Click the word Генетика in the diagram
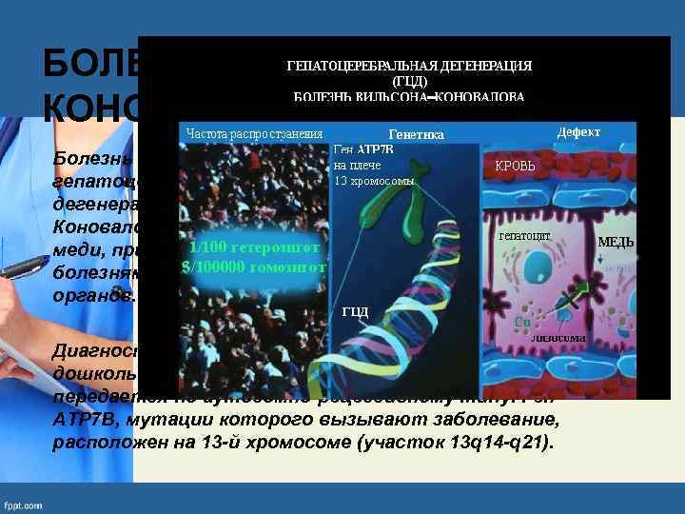coord(417,135)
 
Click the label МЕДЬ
coord(616,242)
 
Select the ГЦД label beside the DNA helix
coord(354,312)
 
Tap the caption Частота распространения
coord(254,133)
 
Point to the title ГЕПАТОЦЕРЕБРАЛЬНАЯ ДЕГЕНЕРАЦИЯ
coord(409,66)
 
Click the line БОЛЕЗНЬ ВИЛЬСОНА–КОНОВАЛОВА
coord(409,97)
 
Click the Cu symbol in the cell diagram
coord(522,322)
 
